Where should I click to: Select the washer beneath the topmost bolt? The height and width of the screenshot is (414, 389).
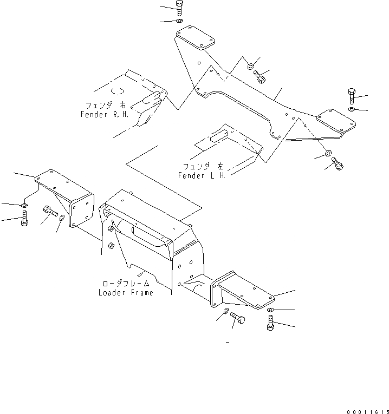click(x=180, y=21)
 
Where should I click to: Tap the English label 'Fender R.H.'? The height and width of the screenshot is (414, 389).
click(x=104, y=115)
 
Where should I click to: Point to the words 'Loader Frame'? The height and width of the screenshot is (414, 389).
click(x=126, y=293)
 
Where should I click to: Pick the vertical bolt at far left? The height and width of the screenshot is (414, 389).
click(x=24, y=221)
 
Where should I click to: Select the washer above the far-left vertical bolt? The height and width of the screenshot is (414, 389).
click(x=24, y=206)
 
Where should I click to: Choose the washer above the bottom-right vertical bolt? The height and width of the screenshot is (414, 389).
click(x=271, y=310)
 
